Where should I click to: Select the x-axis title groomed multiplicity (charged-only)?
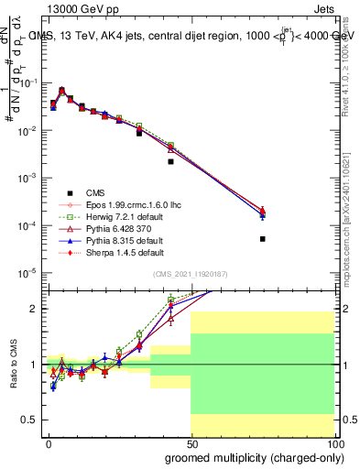(249, 455)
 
